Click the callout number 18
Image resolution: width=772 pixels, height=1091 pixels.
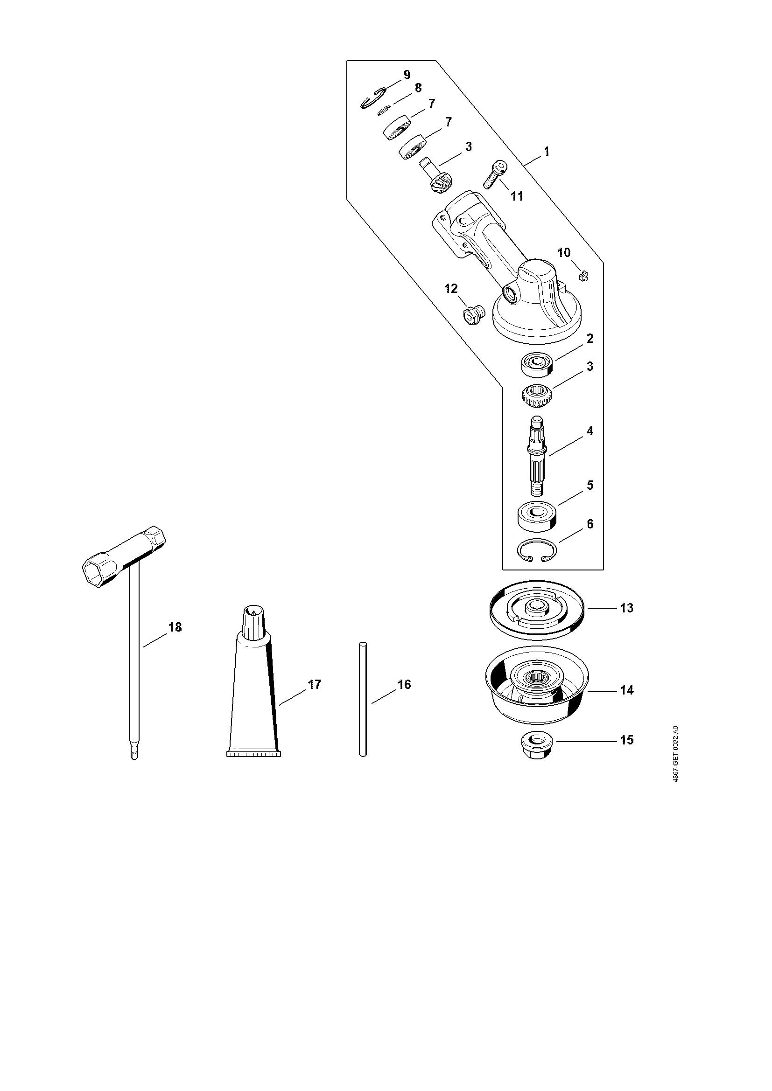point(175,627)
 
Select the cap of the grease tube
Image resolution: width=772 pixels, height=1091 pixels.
point(255,621)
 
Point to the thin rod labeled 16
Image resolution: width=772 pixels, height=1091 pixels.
point(362,699)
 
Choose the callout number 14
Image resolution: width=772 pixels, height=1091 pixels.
point(627,690)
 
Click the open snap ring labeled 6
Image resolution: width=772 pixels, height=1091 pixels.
point(538,552)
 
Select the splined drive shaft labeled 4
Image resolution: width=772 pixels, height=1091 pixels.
point(538,456)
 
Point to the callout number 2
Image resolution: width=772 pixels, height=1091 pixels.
point(590,339)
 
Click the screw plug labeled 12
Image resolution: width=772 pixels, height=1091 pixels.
point(473,314)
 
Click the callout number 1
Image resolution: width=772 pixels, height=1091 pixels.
point(547,152)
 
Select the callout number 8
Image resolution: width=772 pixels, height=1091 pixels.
point(418,88)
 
